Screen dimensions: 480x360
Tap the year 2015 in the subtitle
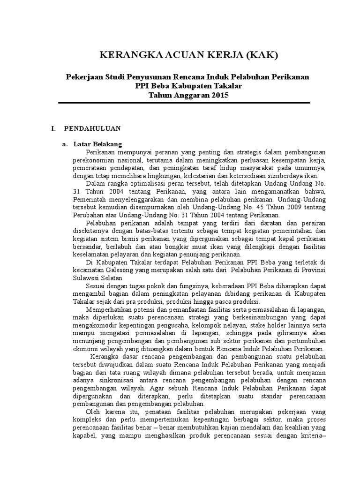pyautogui.click(x=218, y=95)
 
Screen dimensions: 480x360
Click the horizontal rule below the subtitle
pyautogui.click(x=180, y=103)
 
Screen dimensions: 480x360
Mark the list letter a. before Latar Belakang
pyautogui.click(x=66, y=144)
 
